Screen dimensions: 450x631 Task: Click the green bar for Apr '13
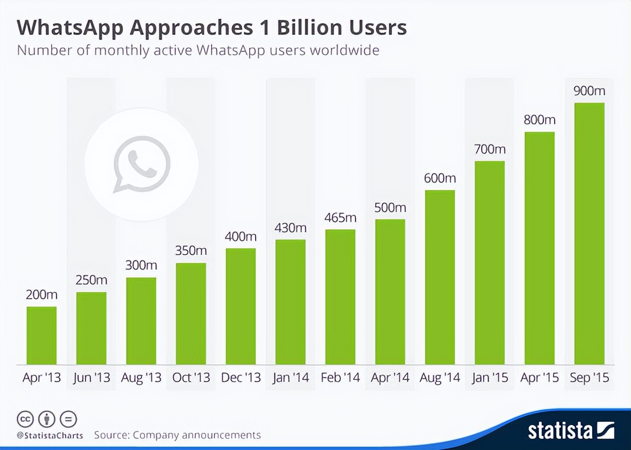click(x=41, y=336)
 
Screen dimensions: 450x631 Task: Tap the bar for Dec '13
click(x=241, y=306)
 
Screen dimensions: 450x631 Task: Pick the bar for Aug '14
click(x=440, y=277)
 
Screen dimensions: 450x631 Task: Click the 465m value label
click(x=340, y=217)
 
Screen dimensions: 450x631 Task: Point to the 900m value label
click(x=589, y=91)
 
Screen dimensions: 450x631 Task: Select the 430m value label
click(x=290, y=227)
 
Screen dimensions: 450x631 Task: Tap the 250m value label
click(x=91, y=280)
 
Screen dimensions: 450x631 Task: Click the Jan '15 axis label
click(x=490, y=378)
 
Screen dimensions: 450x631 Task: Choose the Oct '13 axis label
click(x=191, y=378)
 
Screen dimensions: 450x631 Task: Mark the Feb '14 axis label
click(x=340, y=378)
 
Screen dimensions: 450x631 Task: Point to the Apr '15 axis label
click(x=539, y=378)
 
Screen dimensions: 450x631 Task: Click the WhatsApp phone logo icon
click(x=141, y=164)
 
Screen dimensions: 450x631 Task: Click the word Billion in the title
click(x=305, y=28)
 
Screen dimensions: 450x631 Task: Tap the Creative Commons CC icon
click(x=25, y=419)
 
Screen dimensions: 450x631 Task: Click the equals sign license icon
click(x=69, y=419)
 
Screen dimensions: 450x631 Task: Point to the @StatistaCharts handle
click(x=50, y=436)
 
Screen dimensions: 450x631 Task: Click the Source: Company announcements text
click(x=177, y=435)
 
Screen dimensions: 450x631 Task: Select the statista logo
click(x=571, y=430)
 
